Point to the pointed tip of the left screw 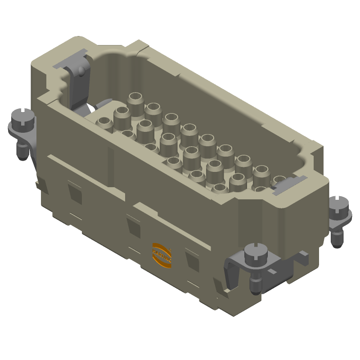click(x=21, y=157)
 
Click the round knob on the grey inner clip click(x=80, y=71)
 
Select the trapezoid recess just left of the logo click(x=133, y=224)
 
